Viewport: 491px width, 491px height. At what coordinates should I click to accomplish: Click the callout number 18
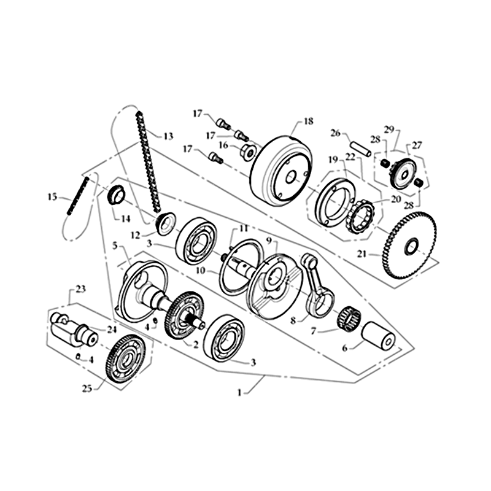(x=308, y=122)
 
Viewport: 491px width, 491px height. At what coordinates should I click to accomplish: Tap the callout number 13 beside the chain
(x=168, y=136)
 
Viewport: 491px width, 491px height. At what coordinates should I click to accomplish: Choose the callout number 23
(x=80, y=288)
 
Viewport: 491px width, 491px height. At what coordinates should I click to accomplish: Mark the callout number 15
(x=52, y=197)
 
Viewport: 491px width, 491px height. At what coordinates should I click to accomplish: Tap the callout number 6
(x=344, y=348)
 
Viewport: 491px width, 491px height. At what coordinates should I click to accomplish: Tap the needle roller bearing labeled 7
(x=348, y=318)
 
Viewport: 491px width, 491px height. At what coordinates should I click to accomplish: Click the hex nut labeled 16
(x=249, y=151)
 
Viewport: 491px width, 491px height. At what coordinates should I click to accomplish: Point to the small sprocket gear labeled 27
(x=403, y=173)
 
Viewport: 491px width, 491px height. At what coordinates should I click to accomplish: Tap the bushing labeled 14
(x=116, y=195)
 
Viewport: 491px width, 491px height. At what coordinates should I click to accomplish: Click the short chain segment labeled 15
(x=82, y=193)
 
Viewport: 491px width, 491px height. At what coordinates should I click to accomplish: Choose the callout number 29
(x=389, y=130)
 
